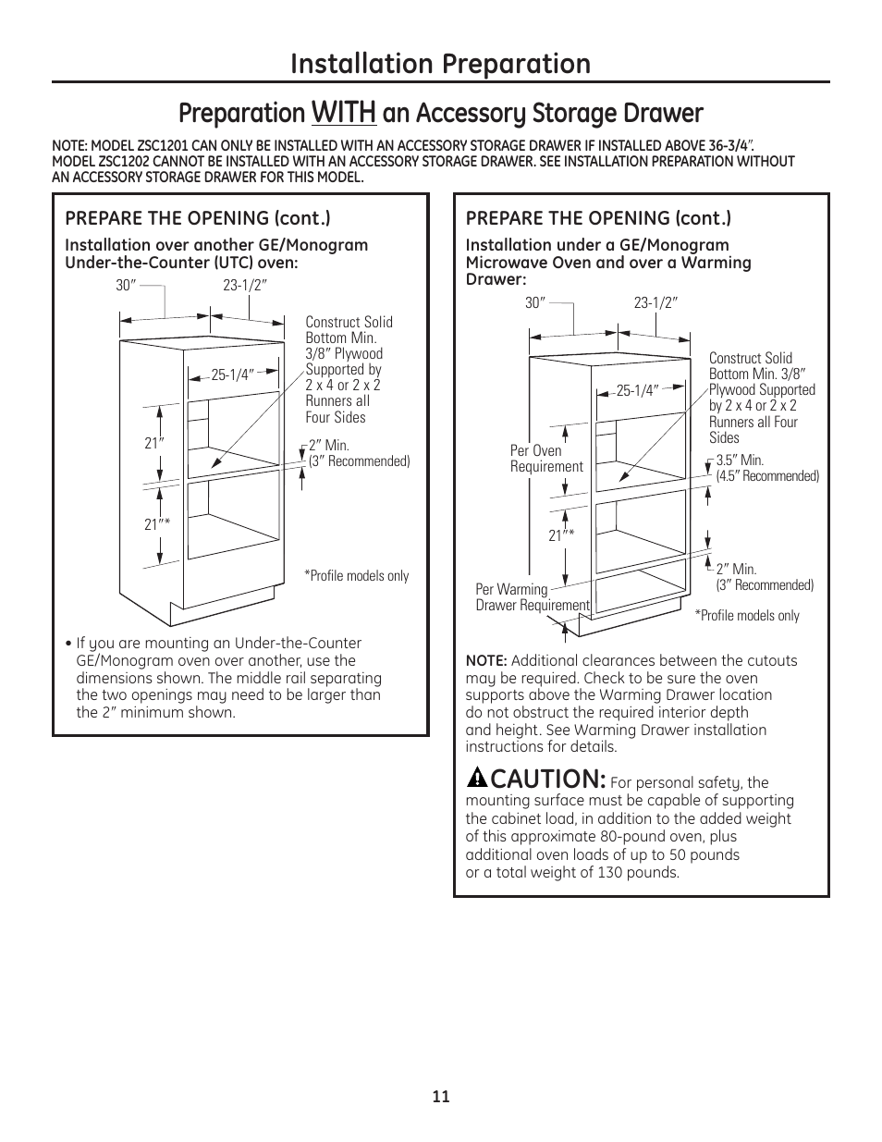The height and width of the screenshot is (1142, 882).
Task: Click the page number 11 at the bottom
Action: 440,1097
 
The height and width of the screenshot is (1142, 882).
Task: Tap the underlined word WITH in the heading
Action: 344,113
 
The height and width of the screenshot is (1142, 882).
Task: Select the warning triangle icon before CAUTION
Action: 475,777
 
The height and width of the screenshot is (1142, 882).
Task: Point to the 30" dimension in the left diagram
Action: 126,286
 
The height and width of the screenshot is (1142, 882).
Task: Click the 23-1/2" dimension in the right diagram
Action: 655,302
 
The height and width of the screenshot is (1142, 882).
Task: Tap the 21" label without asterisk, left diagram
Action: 153,443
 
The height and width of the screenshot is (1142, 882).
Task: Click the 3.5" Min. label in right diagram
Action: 740,460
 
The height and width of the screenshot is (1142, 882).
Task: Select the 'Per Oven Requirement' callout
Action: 546,459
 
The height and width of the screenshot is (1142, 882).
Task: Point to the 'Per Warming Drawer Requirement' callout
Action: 532,597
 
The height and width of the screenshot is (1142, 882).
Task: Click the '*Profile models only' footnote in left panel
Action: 357,576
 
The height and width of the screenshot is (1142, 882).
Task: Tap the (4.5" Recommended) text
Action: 767,476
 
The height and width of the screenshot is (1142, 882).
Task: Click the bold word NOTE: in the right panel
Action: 486,661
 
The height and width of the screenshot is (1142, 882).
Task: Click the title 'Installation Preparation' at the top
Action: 440,63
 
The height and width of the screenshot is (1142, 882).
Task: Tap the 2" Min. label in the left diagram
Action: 329,446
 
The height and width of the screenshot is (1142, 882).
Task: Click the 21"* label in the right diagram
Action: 561,536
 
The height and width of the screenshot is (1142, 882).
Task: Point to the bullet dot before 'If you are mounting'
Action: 68,644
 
